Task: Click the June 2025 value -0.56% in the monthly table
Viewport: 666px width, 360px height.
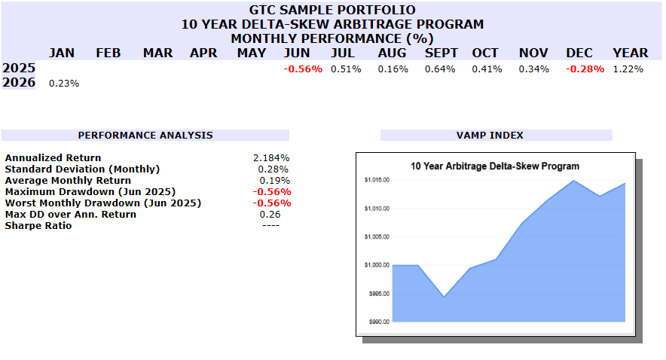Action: tap(303, 69)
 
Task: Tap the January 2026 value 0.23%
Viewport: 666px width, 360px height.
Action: tap(63, 84)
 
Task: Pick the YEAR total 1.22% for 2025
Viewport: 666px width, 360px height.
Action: tap(628, 69)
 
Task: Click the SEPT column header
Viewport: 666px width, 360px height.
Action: tap(441, 53)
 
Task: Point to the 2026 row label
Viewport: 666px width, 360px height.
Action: tap(19, 83)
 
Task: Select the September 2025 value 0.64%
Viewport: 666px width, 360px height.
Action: tap(440, 69)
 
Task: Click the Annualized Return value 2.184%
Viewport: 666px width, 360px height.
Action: tap(272, 158)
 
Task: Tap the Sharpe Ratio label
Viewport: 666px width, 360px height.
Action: tap(38, 226)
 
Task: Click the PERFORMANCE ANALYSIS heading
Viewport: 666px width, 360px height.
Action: tap(145, 136)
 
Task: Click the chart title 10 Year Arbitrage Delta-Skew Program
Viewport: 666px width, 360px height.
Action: tap(494, 166)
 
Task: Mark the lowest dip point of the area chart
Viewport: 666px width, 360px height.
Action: tap(444, 297)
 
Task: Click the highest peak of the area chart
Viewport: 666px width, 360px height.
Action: tap(573, 180)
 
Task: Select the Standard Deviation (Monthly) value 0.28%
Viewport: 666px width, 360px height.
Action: tap(275, 169)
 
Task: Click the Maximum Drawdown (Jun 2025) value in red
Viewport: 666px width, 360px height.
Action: tap(271, 192)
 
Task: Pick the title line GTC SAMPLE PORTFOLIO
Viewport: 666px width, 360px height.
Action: tap(332, 10)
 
